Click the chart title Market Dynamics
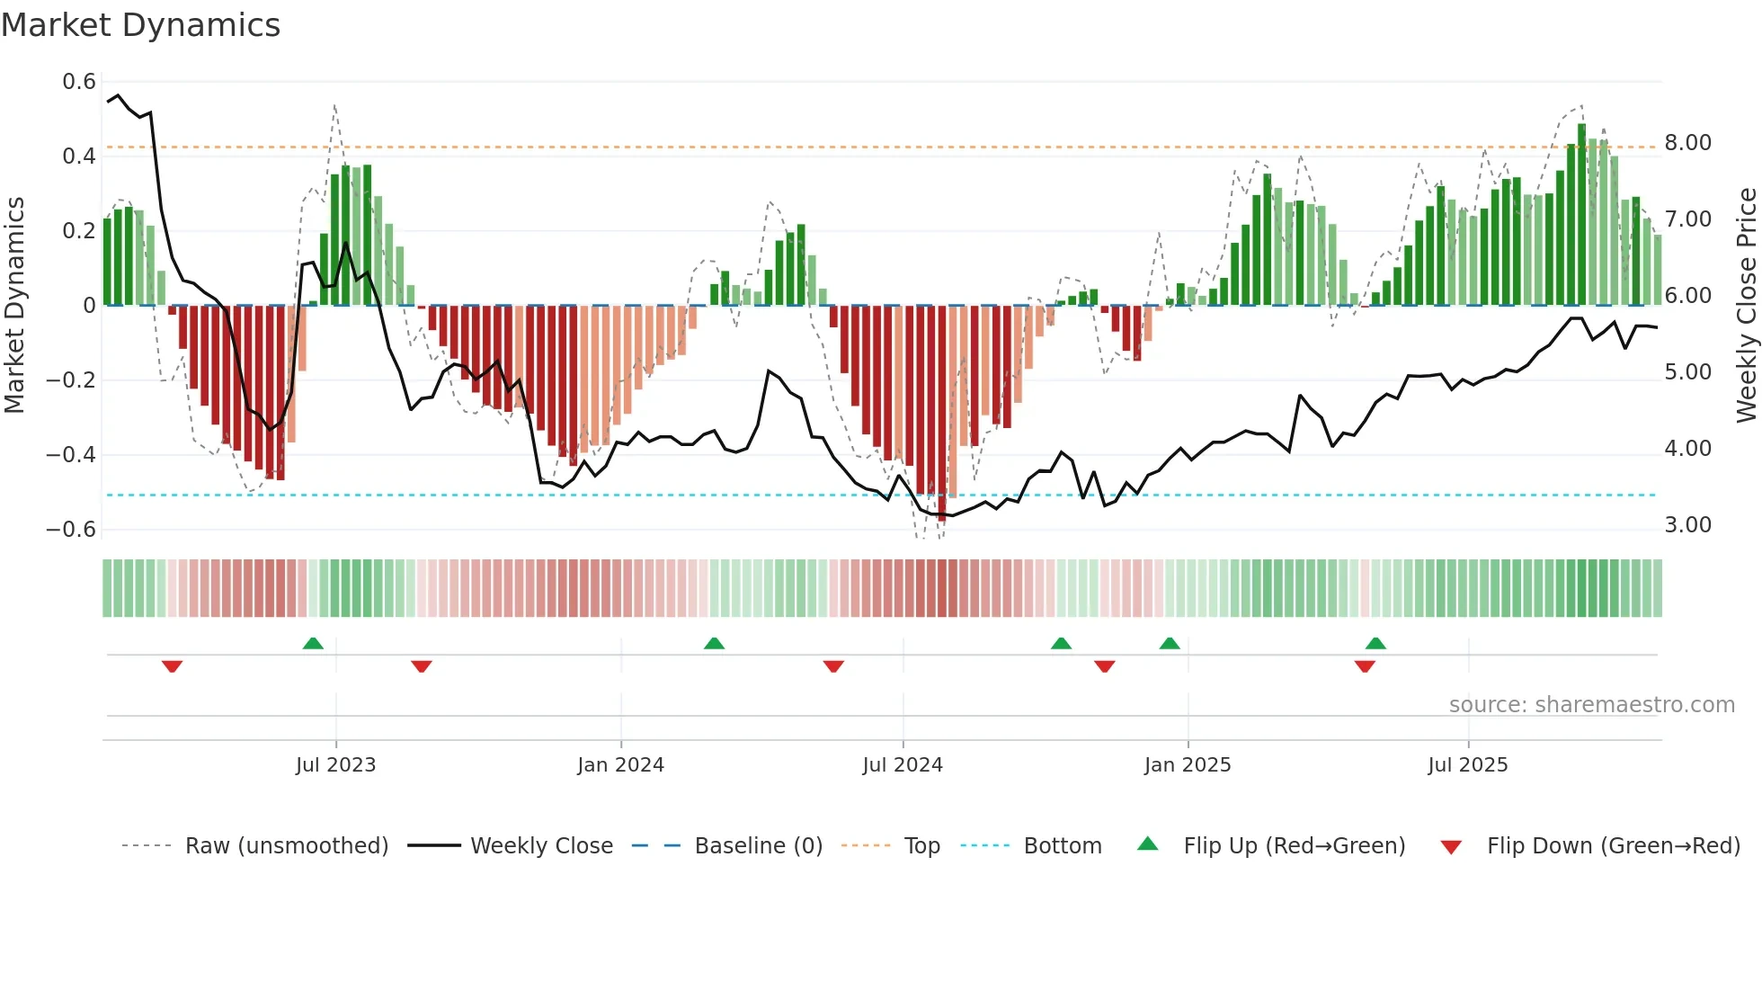click(140, 25)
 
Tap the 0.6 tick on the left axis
click(79, 82)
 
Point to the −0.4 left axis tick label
click(71, 454)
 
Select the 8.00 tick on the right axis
click(1687, 143)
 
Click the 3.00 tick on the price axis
click(1687, 525)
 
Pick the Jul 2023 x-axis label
click(335, 765)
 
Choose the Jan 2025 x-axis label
click(1187, 765)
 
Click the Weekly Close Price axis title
click(1745, 305)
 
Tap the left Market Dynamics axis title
click(14, 305)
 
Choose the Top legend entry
click(921, 846)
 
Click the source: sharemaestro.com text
click(1591, 705)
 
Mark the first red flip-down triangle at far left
click(172, 666)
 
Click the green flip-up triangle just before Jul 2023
click(313, 643)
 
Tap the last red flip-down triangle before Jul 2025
click(1365, 666)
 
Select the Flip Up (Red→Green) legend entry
click(1294, 846)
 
